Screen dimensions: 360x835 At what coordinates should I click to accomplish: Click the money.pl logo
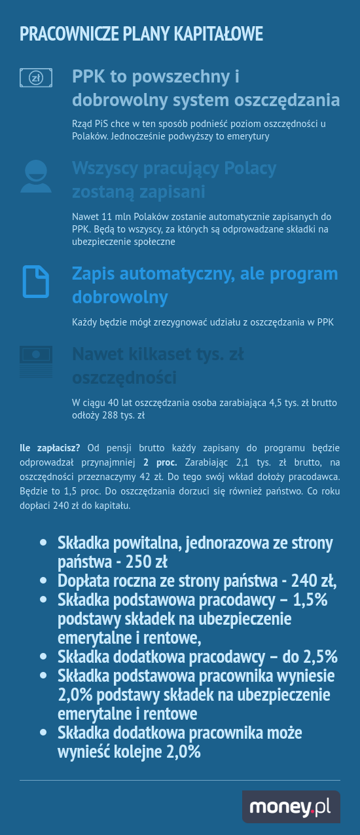291,806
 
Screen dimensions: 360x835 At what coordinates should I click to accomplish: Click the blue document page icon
35,282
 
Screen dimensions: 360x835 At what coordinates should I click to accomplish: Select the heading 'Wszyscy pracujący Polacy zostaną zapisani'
174,180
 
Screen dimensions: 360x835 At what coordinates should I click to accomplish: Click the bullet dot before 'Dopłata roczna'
43,581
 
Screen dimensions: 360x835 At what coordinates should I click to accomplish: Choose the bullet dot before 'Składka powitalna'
43,543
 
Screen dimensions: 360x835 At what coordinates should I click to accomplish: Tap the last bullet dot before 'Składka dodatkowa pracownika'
43,733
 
